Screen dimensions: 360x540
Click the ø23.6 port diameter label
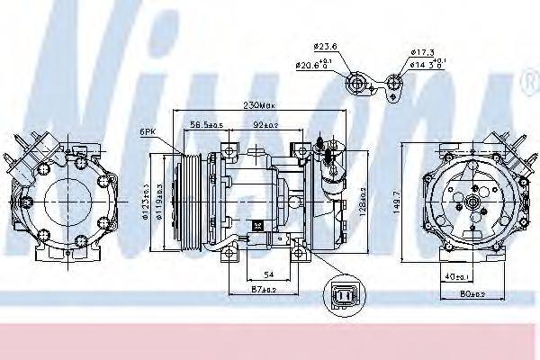(325, 48)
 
